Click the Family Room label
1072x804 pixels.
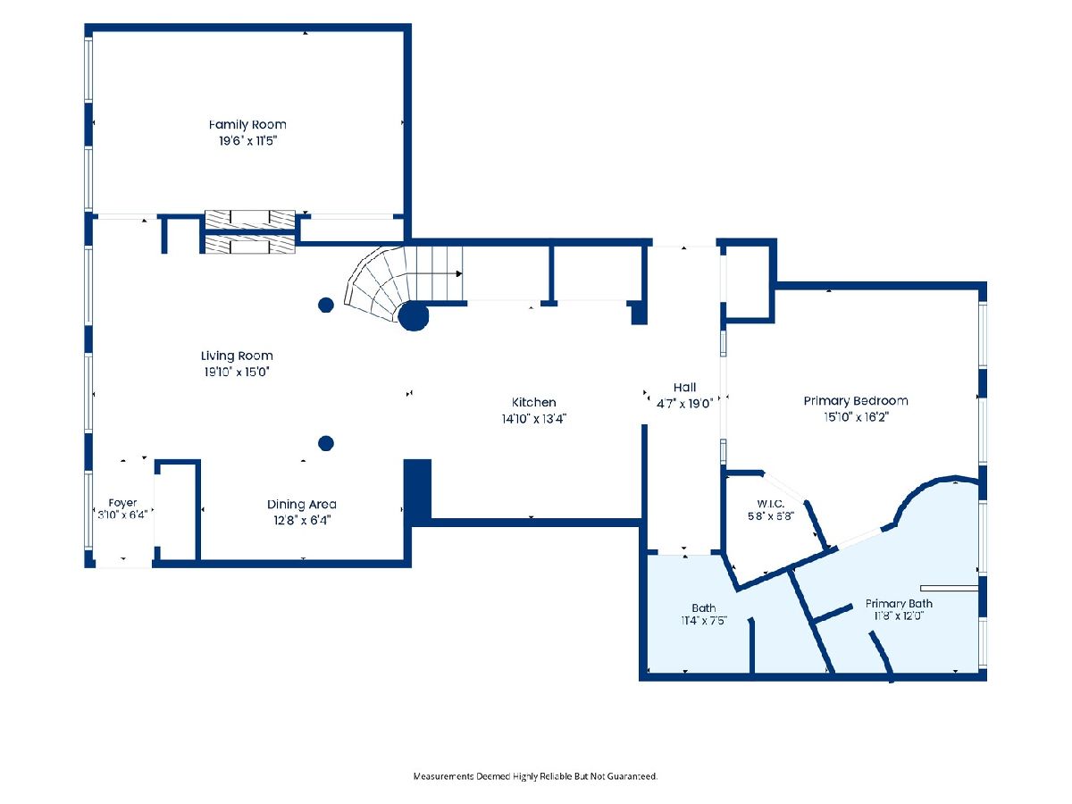247,124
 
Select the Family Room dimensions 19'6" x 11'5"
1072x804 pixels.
247,141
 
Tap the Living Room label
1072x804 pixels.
237,356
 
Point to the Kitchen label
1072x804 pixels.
533,402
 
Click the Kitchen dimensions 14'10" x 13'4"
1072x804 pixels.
533,419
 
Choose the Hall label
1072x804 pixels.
684,388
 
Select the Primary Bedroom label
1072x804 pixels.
856,401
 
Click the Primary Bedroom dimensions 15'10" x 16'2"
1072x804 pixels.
856,417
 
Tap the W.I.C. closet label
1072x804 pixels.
771,504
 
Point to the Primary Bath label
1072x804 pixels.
899,604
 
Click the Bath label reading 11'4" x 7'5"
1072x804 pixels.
704,621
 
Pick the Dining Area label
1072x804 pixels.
302,504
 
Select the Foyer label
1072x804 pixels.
122,503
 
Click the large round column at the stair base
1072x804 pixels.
414,316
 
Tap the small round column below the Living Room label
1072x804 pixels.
326,443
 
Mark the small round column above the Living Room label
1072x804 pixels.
326,306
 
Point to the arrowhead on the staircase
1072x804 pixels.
459,274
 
